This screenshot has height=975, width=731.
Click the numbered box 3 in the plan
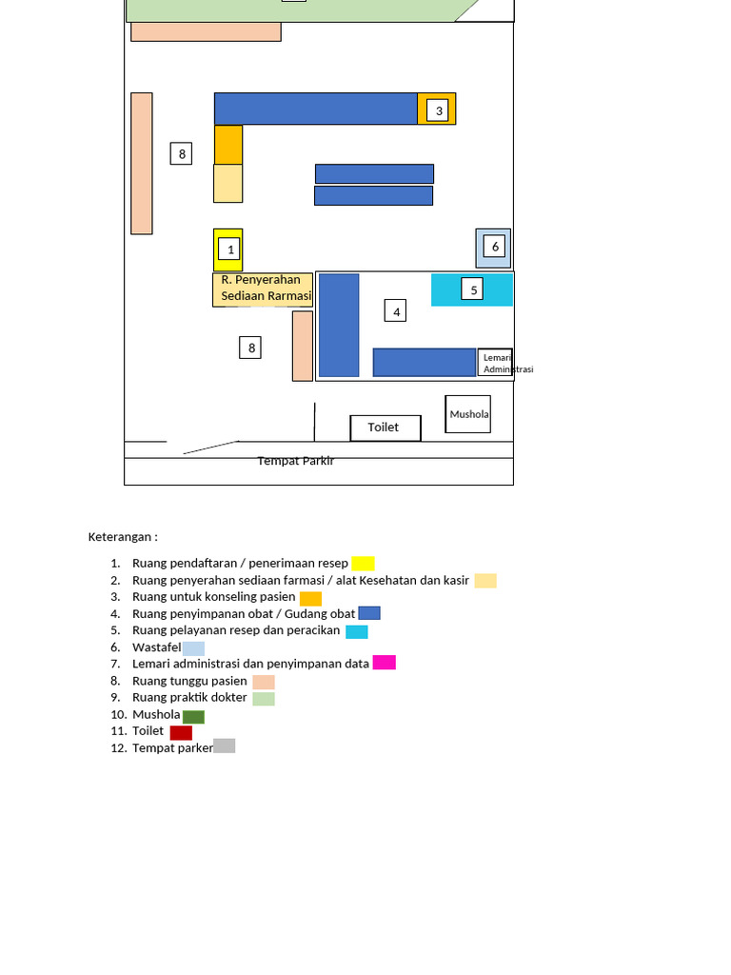point(438,110)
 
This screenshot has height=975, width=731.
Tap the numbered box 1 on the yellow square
point(229,249)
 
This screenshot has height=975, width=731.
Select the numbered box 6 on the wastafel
point(494,247)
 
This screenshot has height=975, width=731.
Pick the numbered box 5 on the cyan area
point(472,289)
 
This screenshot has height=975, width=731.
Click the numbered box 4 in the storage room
point(395,311)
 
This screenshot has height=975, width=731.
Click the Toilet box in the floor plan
point(385,428)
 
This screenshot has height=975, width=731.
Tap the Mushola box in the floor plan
point(468,414)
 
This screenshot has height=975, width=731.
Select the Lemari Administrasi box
point(495,363)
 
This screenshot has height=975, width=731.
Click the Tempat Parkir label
point(296,461)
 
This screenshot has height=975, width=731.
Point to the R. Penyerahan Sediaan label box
point(263,289)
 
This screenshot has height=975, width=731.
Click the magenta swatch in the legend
point(385,663)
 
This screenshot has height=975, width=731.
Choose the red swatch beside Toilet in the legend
point(181,732)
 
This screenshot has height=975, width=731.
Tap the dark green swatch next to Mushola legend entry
point(193,717)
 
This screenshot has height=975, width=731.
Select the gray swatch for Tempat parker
point(225,746)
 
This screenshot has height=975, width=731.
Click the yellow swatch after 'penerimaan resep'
point(363,564)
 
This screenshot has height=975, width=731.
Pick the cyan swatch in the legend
point(357,632)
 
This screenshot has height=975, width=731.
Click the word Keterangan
point(119,537)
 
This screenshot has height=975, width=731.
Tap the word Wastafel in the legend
point(157,647)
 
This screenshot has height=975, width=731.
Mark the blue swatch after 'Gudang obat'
point(369,613)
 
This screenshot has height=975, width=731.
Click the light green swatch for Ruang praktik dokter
point(264,698)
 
